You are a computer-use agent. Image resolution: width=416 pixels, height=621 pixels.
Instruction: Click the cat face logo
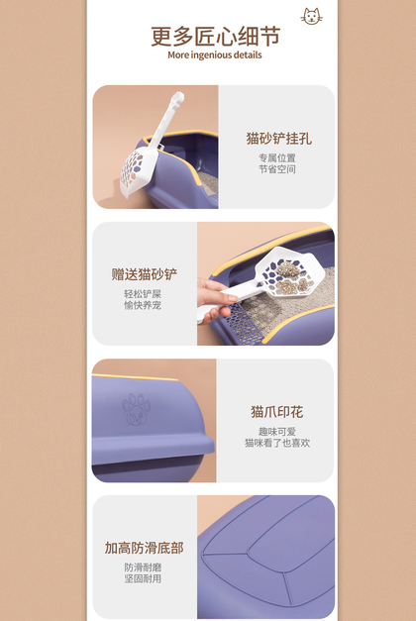[x=311, y=17]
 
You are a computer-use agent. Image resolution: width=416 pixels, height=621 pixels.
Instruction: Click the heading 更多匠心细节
[x=215, y=37]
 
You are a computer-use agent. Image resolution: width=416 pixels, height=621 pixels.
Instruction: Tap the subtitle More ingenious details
[x=215, y=55]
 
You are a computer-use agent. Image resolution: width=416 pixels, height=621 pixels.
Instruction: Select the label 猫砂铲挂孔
[x=279, y=139]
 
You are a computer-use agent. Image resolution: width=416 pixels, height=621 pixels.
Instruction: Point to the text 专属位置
[x=277, y=157]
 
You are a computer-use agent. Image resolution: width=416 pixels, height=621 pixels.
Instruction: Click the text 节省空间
[x=277, y=169]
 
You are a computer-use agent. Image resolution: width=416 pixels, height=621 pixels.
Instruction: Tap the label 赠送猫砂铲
[x=145, y=274]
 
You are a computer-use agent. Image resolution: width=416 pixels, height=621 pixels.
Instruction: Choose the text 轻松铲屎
[x=143, y=294]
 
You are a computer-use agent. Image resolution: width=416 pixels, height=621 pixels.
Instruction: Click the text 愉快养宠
[x=143, y=305]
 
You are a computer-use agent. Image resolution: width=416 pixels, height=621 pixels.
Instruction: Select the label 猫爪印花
[x=277, y=412]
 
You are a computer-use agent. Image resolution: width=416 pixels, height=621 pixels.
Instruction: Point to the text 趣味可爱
[x=277, y=432]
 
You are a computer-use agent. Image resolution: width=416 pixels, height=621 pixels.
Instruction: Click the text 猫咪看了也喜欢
[x=277, y=443]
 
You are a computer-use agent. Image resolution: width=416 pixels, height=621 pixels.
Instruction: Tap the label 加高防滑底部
[x=145, y=548]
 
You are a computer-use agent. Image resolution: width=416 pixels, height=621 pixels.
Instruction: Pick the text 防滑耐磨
[x=143, y=568]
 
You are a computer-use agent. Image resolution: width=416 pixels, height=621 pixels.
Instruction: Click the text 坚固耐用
[x=143, y=578]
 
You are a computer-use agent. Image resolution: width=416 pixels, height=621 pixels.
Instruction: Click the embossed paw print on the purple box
[x=137, y=408]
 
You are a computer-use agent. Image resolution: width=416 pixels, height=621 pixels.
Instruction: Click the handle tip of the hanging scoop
[x=178, y=96]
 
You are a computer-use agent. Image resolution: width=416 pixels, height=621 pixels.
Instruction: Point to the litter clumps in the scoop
[x=291, y=278]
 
